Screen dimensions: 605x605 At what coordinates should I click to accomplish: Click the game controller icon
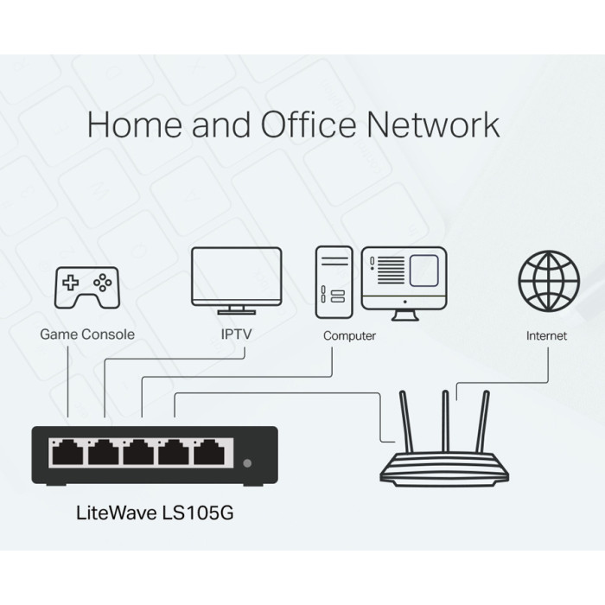click(x=87, y=284)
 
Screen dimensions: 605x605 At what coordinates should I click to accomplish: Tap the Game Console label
click(x=87, y=334)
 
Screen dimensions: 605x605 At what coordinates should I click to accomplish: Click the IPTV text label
click(x=236, y=334)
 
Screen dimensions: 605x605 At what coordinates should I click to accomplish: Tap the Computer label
click(x=349, y=335)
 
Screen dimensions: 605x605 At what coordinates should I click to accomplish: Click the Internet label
click(x=546, y=335)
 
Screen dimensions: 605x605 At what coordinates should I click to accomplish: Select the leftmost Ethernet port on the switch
click(x=67, y=451)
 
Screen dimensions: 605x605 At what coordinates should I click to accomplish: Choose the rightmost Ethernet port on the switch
click(x=208, y=451)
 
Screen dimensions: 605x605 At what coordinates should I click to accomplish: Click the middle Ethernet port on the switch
click(x=137, y=451)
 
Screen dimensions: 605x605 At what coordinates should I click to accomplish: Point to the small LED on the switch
click(x=250, y=463)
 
